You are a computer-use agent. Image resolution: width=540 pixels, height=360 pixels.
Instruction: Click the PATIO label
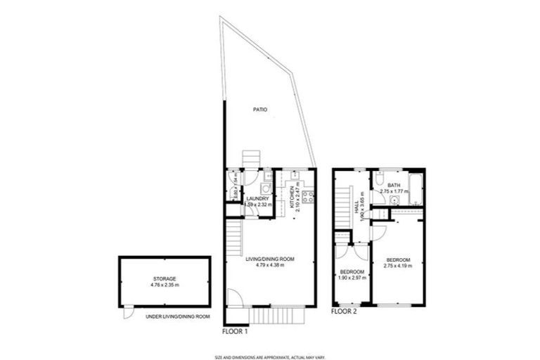click(x=260, y=110)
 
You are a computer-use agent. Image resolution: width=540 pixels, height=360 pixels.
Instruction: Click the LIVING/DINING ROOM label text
click(x=270, y=259)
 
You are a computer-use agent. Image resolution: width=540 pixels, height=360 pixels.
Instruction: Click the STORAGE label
click(x=165, y=278)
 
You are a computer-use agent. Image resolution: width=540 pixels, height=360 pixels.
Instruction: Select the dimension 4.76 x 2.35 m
click(x=165, y=285)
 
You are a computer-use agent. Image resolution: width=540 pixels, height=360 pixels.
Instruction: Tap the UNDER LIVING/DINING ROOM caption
click(x=178, y=317)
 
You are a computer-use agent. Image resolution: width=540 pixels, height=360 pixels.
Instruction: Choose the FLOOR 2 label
click(x=345, y=311)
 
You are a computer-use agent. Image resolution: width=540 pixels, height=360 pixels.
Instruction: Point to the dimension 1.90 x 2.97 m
click(x=352, y=277)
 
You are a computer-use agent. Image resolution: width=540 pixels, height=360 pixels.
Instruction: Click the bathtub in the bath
click(x=416, y=187)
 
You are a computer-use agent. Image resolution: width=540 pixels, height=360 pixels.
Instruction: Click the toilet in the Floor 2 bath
click(x=380, y=177)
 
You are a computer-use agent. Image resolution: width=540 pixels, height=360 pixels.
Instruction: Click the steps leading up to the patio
click(x=252, y=159)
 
